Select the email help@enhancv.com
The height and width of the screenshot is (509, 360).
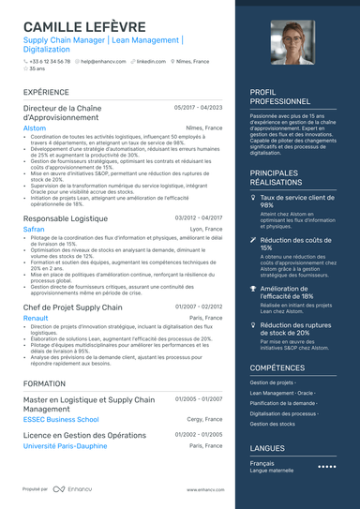click(100, 60)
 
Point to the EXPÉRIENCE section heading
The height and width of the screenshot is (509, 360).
click(46, 93)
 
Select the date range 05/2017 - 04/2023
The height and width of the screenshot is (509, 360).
click(198, 108)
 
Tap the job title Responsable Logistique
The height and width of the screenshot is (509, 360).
click(66, 217)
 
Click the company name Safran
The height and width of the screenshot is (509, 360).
click(33, 229)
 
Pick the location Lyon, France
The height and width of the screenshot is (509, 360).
click(206, 229)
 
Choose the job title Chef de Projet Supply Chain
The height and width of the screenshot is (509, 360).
click(72, 307)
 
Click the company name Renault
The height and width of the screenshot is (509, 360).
click(36, 318)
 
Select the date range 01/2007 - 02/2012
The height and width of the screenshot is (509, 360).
click(198, 307)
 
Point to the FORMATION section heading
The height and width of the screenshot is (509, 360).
click(44, 383)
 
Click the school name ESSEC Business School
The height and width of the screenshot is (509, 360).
click(61, 419)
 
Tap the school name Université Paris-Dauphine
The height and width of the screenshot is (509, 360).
click(65, 445)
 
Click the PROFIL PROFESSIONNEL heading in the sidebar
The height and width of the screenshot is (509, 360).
click(280, 97)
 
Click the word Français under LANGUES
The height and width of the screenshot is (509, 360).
click(262, 463)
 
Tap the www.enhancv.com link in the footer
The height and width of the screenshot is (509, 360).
click(206, 489)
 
